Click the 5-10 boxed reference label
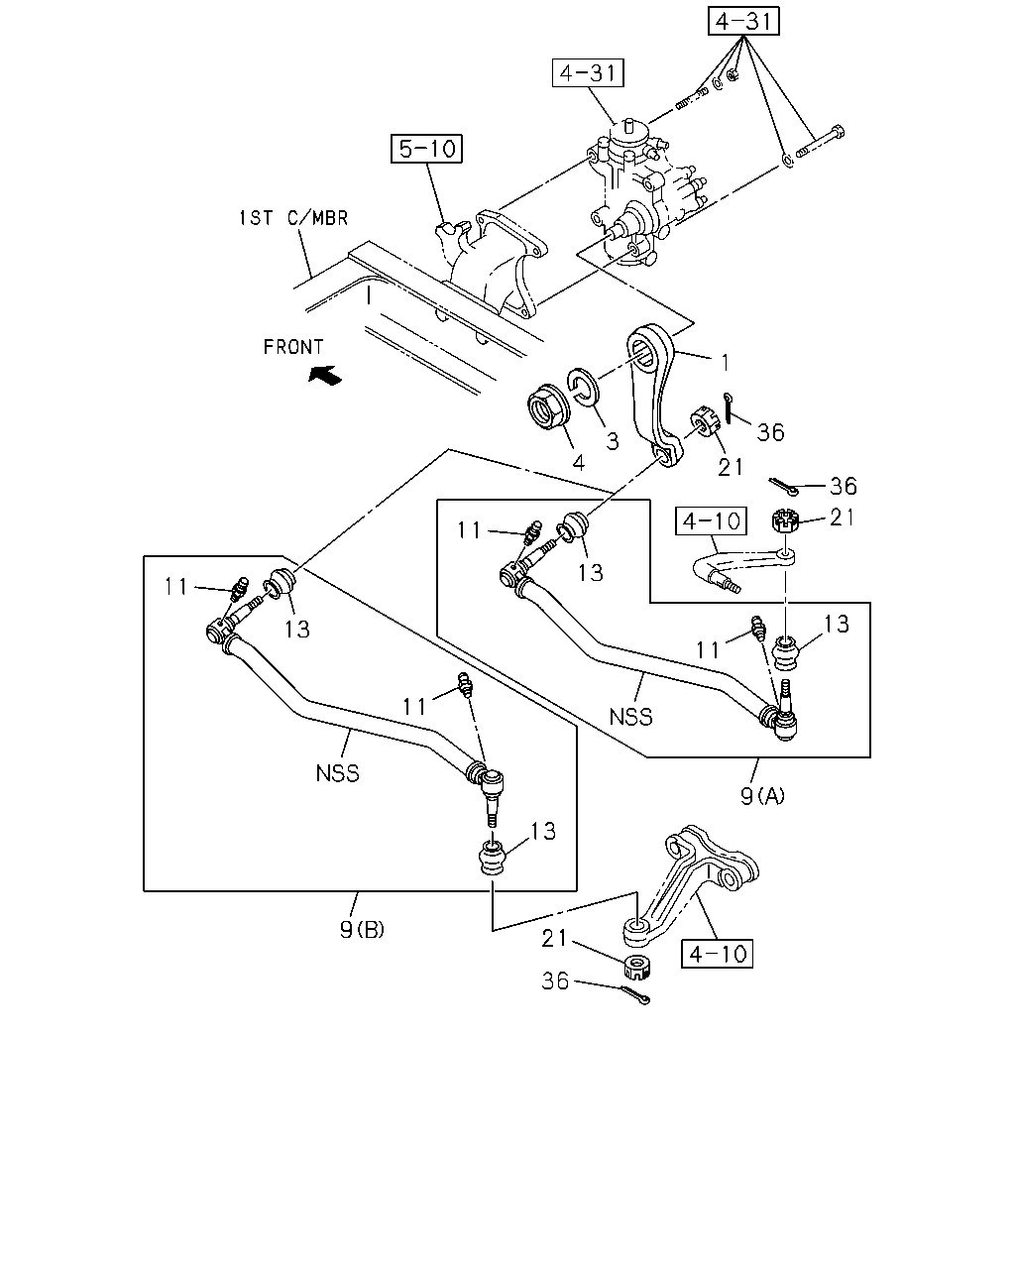tap(426, 148)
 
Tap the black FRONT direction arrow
tap(325, 375)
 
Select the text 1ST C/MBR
tap(293, 218)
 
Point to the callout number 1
tap(725, 363)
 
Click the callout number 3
tap(613, 441)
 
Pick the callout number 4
tap(579, 463)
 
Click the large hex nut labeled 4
tap(548, 405)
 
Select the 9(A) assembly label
tap(762, 796)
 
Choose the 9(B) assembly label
tap(362, 929)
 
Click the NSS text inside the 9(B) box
tap(337, 773)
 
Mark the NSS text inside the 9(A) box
tap(630, 717)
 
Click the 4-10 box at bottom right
tap(718, 954)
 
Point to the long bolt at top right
tap(821, 142)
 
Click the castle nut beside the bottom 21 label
tap(637, 967)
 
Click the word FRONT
tap(293, 347)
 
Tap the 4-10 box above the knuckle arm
tap(711, 520)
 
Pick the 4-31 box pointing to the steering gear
tap(588, 73)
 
